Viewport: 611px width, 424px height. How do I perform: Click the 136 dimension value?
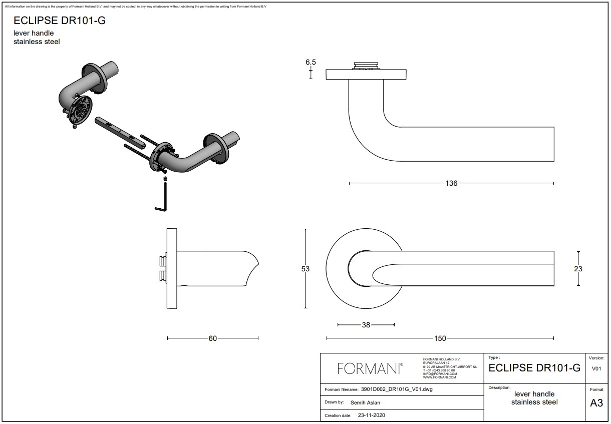point(451,183)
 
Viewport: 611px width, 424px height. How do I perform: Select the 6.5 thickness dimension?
point(311,63)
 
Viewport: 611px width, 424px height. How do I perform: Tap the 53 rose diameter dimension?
point(305,269)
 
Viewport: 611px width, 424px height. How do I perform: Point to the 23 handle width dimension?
point(578,269)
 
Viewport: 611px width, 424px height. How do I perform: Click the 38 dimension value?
point(366,325)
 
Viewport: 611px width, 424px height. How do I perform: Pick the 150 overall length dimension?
point(439,338)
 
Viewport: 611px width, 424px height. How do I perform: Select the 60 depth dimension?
point(213,338)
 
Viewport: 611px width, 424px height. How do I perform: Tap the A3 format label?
point(596,403)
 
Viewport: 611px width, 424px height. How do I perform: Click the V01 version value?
point(596,369)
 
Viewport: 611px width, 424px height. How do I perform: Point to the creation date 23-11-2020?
point(371,415)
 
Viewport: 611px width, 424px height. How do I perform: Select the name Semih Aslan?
point(366,402)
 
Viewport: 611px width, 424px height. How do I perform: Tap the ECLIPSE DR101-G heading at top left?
point(60,21)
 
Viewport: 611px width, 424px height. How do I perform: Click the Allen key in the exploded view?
point(164,198)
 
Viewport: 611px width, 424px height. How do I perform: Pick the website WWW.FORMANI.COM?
point(440,377)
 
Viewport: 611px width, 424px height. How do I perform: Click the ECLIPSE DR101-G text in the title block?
point(534,368)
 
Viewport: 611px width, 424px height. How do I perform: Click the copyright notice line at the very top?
point(135,7)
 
